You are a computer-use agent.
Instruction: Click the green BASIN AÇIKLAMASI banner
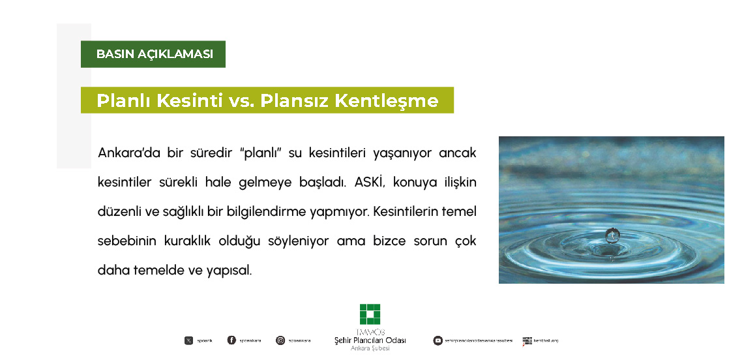pos(154,54)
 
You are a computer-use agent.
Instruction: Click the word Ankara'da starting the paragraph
pos(125,153)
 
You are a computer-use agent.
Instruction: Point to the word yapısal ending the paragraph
pos(228,270)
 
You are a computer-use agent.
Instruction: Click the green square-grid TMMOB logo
pos(370,314)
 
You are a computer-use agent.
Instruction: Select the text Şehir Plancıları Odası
pos(370,340)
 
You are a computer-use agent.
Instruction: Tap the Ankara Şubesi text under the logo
pos(370,349)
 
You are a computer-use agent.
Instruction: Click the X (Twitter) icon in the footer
pos(188,340)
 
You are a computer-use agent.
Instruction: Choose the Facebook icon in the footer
pos(231,340)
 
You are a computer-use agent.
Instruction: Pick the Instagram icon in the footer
pos(280,340)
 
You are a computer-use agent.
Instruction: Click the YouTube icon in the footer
pos(438,340)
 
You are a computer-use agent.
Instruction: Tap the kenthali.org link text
pos(546,340)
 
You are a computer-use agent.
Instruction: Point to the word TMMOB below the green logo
pos(370,331)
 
